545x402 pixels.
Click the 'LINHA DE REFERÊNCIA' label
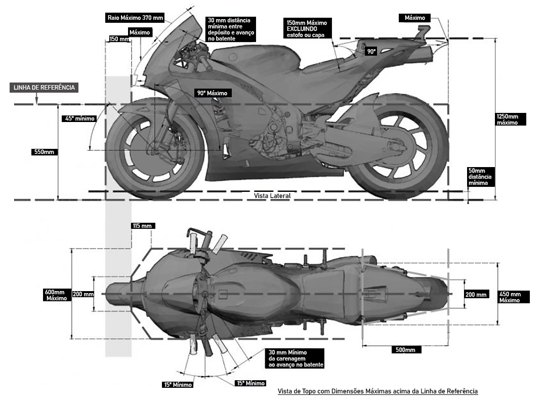[43, 88]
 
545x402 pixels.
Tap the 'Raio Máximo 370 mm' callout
[135, 18]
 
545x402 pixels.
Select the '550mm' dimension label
[43, 152]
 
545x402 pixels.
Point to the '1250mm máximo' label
[511, 119]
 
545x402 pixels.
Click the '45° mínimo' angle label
[79, 119]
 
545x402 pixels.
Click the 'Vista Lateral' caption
[272, 195]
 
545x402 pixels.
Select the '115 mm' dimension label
[142, 226]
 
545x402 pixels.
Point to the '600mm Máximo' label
[55, 295]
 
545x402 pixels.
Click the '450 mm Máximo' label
[514, 297]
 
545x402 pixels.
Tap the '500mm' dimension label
[405, 350]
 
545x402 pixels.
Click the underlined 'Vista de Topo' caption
[378, 391]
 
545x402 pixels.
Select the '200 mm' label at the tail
[476, 294]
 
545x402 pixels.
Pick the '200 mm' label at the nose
[83, 294]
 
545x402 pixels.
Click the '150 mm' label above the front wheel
[119, 39]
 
